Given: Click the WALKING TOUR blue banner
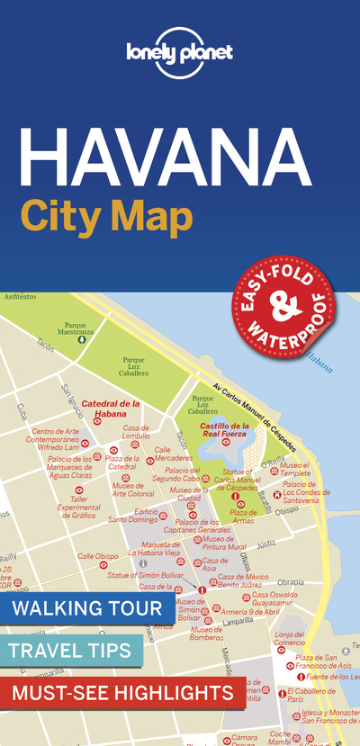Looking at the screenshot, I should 87,608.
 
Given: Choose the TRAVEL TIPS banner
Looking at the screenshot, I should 66,650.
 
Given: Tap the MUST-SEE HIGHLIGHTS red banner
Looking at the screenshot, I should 121,693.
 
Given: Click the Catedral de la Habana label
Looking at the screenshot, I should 112,409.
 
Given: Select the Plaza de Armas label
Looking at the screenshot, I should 243,517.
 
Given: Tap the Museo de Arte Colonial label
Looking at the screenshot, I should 133,490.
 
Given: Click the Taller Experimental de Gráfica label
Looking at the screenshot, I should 78,508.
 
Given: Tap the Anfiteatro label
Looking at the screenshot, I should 20,296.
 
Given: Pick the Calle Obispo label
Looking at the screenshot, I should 97,556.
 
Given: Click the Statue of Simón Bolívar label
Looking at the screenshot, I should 146,574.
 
